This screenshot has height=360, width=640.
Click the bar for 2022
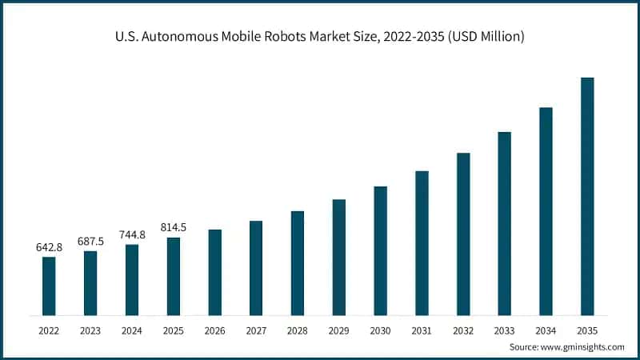tap(49, 286)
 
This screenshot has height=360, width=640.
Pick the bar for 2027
tap(256, 268)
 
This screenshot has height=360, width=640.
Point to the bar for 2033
tap(504, 223)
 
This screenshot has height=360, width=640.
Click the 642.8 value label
tap(49, 247)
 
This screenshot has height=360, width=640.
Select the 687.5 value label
tap(90, 242)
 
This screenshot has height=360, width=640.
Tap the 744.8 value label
tap(132, 235)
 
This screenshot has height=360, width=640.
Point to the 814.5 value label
tap(173, 228)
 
